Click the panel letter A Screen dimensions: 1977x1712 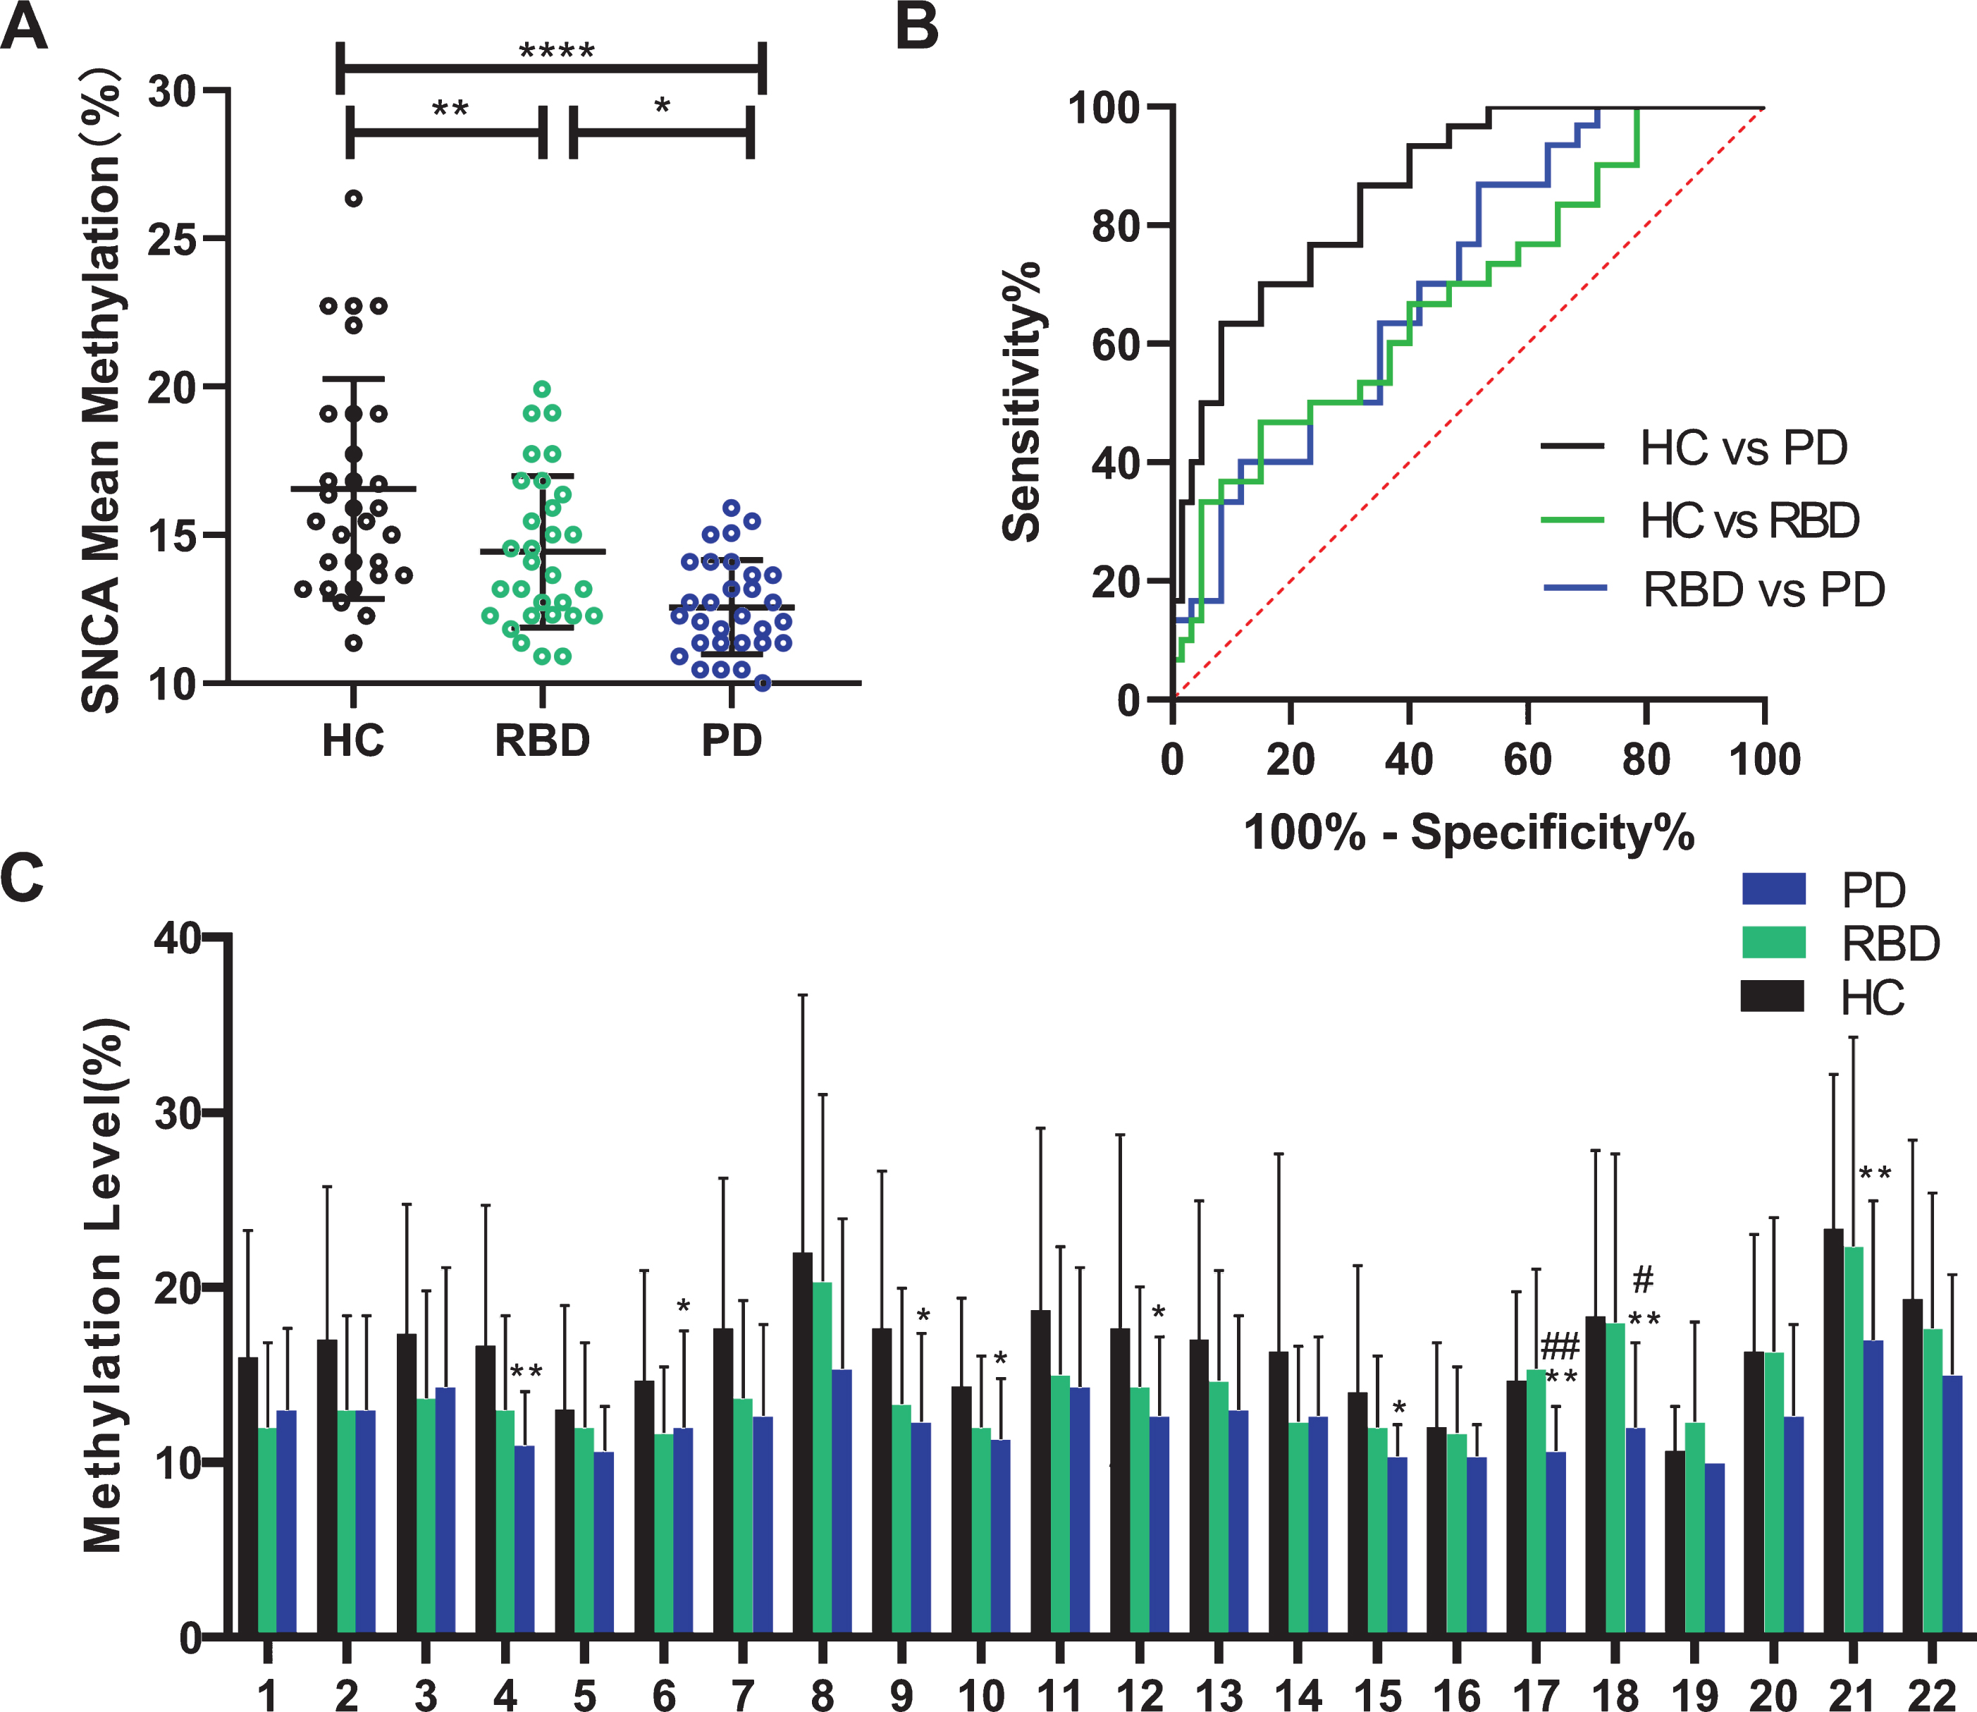click(24, 27)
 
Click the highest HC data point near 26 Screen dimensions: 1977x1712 click(353, 199)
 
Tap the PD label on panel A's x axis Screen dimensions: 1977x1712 click(732, 740)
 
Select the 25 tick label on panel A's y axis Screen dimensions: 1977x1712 click(172, 239)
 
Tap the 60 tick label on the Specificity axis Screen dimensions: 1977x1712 click(1527, 759)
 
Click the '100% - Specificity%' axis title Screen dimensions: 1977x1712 click(1469, 832)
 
